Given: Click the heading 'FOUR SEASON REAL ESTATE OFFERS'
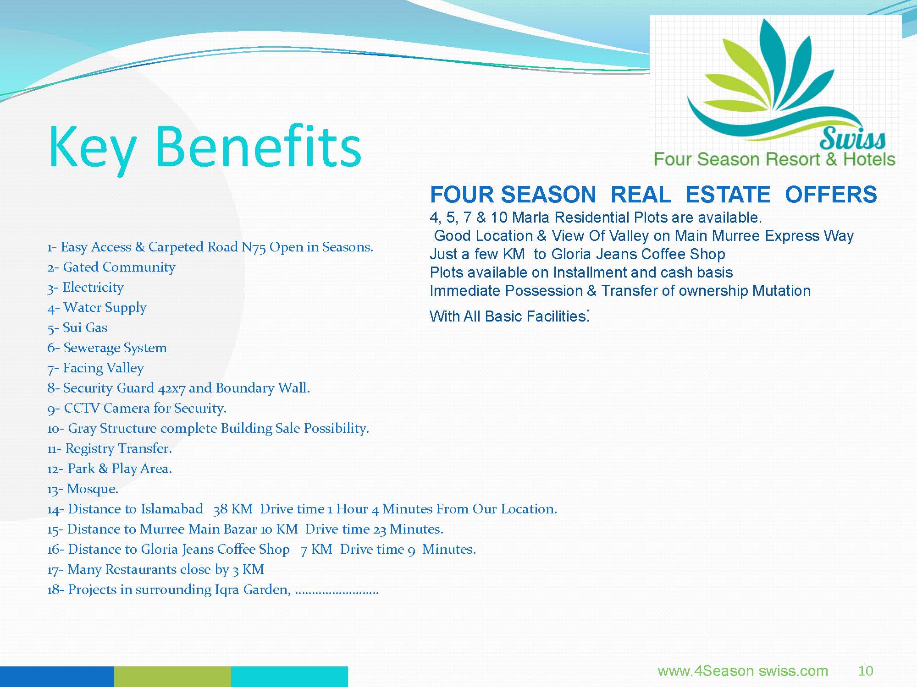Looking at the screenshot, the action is tap(653, 194).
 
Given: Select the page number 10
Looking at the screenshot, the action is tap(866, 671).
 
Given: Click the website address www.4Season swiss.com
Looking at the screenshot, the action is tap(743, 671).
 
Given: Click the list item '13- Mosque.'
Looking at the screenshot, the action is tap(83, 489).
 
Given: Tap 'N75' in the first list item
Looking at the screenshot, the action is tap(254, 247).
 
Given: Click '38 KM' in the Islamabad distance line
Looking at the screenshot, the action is tap(233, 509).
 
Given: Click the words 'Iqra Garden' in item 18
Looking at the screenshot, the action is tap(253, 589).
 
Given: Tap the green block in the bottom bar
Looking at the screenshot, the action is tap(172, 676).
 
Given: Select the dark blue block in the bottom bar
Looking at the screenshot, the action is tap(57, 676).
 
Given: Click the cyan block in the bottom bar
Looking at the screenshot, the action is tap(289, 676).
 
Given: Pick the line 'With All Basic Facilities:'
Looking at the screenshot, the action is tap(509, 315).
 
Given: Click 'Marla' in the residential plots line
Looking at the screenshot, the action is tap(530, 217).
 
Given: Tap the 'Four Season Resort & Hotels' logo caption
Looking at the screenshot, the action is tap(774, 159).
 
